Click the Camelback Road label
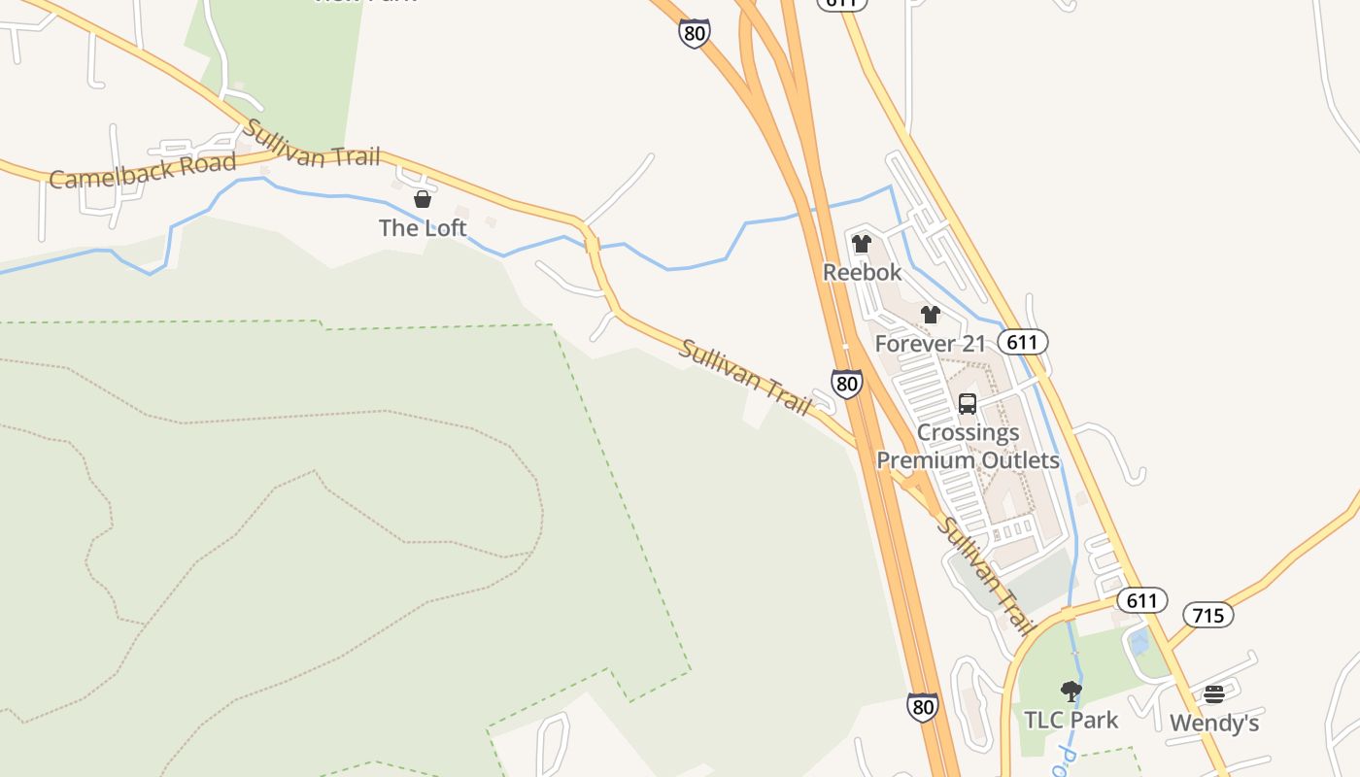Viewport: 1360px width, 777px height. point(142,171)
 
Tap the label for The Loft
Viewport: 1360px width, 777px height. point(423,228)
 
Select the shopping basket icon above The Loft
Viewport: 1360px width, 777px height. point(423,200)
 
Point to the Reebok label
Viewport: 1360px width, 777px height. point(862,272)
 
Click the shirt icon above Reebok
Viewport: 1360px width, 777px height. point(862,244)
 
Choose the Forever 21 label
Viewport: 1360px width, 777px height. point(930,343)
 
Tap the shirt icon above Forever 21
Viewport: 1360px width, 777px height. point(931,315)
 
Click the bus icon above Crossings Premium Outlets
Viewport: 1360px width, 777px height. point(968,404)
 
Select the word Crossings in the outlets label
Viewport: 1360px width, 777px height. point(968,432)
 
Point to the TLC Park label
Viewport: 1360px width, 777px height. point(1071,720)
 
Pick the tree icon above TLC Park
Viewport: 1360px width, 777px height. point(1071,692)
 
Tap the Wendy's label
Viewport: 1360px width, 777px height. point(1214,723)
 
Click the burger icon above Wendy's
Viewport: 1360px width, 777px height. point(1214,694)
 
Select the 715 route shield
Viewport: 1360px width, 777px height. point(1208,615)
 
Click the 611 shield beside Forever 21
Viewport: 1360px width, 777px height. point(1023,342)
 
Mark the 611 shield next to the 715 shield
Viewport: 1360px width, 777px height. point(1141,600)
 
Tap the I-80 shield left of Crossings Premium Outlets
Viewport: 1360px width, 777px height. point(846,383)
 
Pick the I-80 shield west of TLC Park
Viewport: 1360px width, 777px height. point(923,707)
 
